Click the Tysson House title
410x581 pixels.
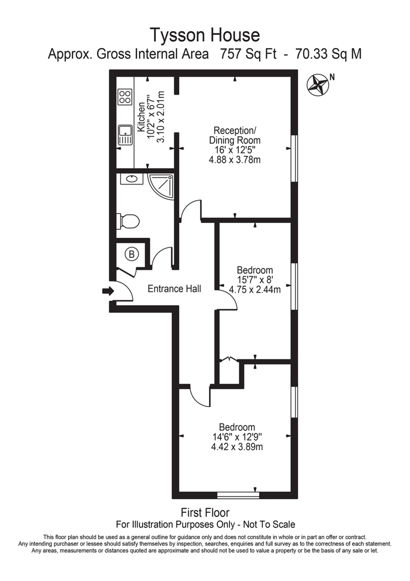[205, 35]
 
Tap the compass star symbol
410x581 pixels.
[318, 84]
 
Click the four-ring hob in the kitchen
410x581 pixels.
[125, 96]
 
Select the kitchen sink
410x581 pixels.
[125, 134]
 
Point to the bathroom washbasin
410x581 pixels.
[132, 179]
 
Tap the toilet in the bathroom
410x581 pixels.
[128, 221]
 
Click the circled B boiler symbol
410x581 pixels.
[132, 253]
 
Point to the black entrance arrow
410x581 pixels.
[108, 291]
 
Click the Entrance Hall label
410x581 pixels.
[174, 289]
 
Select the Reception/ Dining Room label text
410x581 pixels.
[234, 136]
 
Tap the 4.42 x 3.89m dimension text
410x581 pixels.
[237, 447]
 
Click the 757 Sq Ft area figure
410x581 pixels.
[248, 54]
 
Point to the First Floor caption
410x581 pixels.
[205, 512]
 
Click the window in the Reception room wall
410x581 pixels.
[293, 158]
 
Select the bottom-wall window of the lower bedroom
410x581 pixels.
[238, 495]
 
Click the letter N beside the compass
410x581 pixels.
[332, 76]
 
